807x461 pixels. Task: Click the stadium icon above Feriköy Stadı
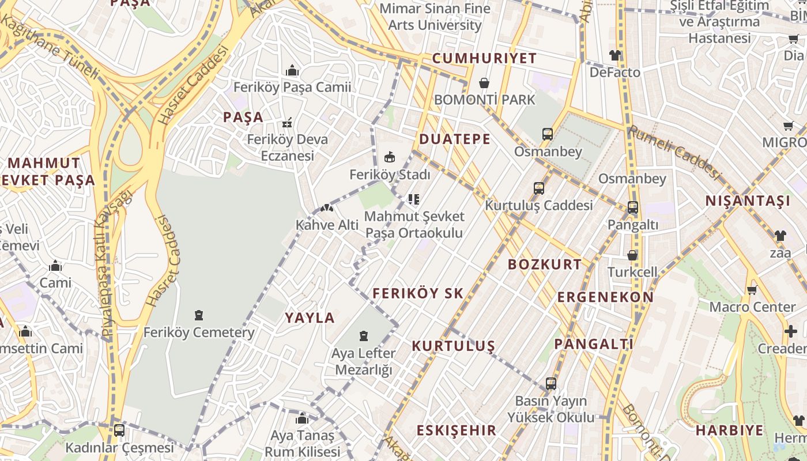tap(390, 157)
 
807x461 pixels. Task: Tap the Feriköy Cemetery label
tap(199, 332)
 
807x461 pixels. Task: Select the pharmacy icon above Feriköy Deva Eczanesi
tap(287, 123)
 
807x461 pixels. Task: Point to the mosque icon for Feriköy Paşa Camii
tap(292, 70)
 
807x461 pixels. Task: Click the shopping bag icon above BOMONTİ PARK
tap(484, 83)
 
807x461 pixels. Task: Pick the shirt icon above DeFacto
tap(615, 55)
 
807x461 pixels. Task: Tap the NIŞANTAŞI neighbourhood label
tap(748, 201)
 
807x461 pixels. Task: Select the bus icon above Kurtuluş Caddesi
tap(539, 188)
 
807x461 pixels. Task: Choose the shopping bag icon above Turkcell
tap(632, 255)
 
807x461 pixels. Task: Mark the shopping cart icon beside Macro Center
tap(752, 290)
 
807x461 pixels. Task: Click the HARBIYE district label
tap(729, 430)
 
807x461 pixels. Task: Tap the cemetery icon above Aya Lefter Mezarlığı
tap(364, 335)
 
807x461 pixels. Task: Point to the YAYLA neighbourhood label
tap(310, 318)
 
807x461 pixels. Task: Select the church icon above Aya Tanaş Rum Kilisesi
tap(301, 418)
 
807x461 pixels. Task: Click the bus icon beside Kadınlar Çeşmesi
tap(119, 430)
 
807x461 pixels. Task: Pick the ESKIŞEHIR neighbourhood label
tap(456, 430)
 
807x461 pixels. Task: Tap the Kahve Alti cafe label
tap(327, 225)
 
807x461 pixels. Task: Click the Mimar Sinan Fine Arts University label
tap(435, 17)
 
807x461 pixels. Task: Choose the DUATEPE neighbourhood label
tap(455, 139)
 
